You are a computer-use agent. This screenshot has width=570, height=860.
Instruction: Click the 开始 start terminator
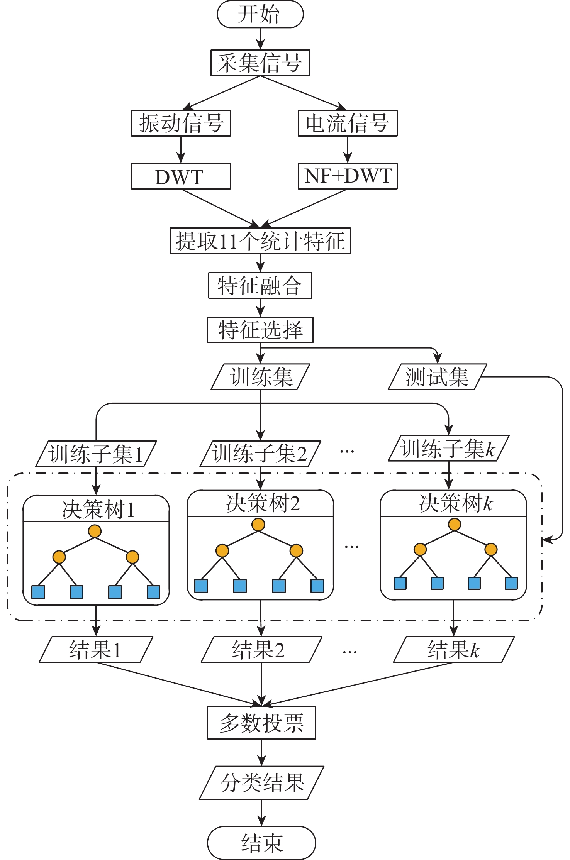pyautogui.click(x=260, y=14)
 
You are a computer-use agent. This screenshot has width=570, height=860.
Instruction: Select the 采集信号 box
pyautogui.click(x=260, y=63)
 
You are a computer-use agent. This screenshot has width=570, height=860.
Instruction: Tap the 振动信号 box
pyautogui.click(x=181, y=123)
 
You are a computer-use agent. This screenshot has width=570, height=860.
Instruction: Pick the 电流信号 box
pyautogui.click(x=348, y=123)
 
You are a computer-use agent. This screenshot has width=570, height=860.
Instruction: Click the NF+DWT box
pyautogui.click(x=348, y=176)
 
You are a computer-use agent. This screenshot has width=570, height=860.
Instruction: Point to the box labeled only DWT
pyautogui.click(x=181, y=176)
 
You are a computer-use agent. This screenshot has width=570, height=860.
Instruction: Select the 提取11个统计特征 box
pyautogui.click(x=260, y=241)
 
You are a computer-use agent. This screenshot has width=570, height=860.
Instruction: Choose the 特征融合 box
pyautogui.click(x=260, y=286)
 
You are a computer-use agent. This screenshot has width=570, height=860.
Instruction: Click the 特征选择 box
pyautogui.click(x=260, y=330)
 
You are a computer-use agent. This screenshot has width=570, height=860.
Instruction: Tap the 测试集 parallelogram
pyautogui.click(x=437, y=377)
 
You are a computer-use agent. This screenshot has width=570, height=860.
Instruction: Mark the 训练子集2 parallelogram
pyautogui.click(x=260, y=454)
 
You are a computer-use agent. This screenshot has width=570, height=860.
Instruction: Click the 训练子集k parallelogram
pyautogui.click(x=448, y=449)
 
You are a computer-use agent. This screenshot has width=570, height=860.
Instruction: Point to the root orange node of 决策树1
pyautogui.click(x=95, y=531)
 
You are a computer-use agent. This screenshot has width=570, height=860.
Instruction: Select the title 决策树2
pyautogui.click(x=263, y=503)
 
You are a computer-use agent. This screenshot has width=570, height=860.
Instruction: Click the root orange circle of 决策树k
pyautogui.click(x=455, y=525)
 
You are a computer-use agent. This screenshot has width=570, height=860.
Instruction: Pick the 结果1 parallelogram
pyautogui.click(x=96, y=650)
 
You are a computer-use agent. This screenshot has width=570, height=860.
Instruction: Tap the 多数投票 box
pyautogui.click(x=261, y=723)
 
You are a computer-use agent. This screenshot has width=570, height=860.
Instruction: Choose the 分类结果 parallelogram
pyautogui.click(x=261, y=783)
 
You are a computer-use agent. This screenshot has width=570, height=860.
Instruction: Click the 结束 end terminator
pyautogui.click(x=261, y=843)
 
